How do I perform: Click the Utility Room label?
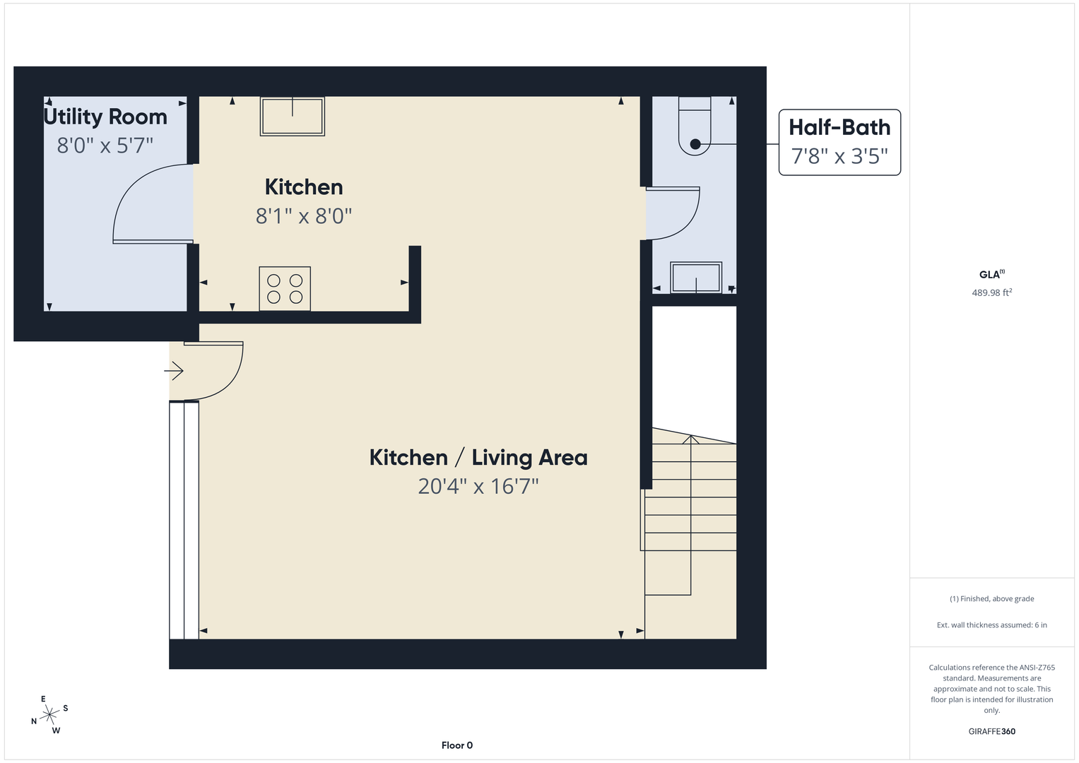pyautogui.click(x=105, y=117)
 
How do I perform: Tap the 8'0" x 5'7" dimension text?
pyautogui.click(x=105, y=146)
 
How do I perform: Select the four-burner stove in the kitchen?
pyautogui.click(x=285, y=288)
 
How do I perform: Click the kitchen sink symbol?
pyautogui.click(x=293, y=116)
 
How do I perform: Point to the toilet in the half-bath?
pyautogui.click(x=695, y=126)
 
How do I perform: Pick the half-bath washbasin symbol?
pyautogui.click(x=696, y=278)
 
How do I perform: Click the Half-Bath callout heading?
pyautogui.click(x=839, y=127)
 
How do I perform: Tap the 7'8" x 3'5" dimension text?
pyautogui.click(x=839, y=156)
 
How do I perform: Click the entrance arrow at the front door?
pyautogui.click(x=174, y=371)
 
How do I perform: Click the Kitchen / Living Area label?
pyautogui.click(x=478, y=458)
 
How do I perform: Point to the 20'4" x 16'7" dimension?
pyautogui.click(x=478, y=487)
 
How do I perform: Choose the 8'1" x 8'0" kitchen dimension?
pyautogui.click(x=304, y=216)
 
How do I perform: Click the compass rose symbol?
pyautogui.click(x=49, y=715)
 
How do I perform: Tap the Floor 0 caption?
pyautogui.click(x=457, y=745)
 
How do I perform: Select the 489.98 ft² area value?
pyautogui.click(x=992, y=292)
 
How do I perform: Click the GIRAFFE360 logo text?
pyautogui.click(x=992, y=731)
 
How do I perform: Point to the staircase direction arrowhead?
pyautogui.click(x=691, y=439)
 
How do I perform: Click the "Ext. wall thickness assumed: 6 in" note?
pyautogui.click(x=992, y=625)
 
